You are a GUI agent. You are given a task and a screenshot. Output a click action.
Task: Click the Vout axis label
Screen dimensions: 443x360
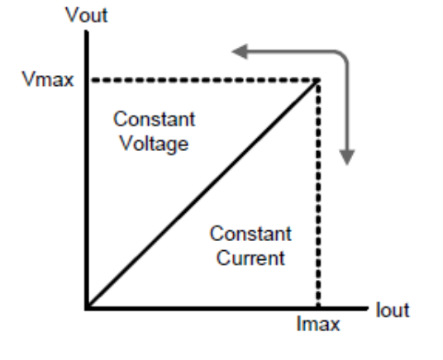coord(87,15)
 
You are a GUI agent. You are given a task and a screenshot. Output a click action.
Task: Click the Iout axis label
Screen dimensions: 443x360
coord(393,310)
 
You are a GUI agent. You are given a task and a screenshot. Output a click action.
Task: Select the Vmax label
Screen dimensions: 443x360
coord(48,78)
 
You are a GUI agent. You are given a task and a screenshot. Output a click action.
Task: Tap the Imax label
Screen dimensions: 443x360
coord(318,324)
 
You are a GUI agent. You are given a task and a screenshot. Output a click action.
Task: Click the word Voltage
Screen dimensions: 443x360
coord(155,144)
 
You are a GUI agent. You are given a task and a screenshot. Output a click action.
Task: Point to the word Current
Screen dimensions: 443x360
coord(251,258)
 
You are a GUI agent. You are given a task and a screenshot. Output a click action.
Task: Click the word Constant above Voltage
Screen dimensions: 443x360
coord(155,119)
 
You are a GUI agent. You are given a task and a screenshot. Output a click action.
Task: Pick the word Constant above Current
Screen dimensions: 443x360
coord(251,234)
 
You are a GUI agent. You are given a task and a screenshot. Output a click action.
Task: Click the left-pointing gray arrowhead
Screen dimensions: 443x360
coord(240,52)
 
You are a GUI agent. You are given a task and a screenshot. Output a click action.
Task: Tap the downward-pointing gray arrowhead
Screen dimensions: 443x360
coord(347,157)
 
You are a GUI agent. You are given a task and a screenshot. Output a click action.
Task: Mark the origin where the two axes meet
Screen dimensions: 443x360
coord(87,308)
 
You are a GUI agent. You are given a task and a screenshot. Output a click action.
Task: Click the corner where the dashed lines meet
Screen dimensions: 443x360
coord(318,80)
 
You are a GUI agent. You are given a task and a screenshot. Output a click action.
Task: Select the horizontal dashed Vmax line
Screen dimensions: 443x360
coord(204,80)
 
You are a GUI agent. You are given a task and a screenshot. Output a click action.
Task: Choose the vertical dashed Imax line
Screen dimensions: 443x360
coord(318,193)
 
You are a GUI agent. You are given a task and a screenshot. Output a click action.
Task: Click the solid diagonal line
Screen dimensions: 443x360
coord(202,194)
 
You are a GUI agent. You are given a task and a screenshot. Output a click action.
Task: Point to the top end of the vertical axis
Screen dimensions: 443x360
coord(87,31)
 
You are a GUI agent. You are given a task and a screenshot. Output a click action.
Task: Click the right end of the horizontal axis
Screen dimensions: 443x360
coord(368,308)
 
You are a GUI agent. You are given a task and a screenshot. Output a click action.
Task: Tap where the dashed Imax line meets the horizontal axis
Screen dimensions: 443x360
coord(318,308)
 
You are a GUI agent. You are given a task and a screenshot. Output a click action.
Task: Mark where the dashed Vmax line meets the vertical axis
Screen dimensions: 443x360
coord(87,80)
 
